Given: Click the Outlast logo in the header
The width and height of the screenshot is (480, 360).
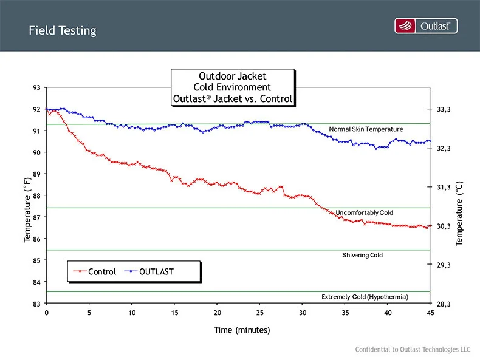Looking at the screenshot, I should click(x=426, y=25).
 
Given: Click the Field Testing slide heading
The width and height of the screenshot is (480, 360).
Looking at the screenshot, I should click(x=62, y=30).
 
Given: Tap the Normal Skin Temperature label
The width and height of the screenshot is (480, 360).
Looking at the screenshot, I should click(x=366, y=129).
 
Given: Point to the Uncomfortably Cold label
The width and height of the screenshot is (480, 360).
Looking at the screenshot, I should click(x=365, y=212).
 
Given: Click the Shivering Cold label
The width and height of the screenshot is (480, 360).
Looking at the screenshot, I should click(x=363, y=255).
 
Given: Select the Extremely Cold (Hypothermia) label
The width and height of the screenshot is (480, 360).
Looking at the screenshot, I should click(x=365, y=297).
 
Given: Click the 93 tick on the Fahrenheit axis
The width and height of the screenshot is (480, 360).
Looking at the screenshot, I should click(x=36, y=88).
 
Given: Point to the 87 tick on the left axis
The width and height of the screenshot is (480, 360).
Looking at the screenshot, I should click(x=36, y=217).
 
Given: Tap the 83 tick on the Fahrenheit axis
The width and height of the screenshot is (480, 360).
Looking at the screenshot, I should click(x=36, y=304).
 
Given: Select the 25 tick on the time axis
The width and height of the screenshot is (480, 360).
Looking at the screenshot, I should click(x=259, y=313).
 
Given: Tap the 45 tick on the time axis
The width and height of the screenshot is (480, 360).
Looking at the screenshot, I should click(x=430, y=313).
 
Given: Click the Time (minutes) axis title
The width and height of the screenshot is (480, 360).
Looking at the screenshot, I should click(x=241, y=330).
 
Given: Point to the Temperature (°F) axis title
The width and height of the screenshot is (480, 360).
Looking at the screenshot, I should click(x=27, y=209).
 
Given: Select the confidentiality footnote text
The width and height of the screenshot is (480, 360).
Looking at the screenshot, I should click(x=413, y=350).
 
